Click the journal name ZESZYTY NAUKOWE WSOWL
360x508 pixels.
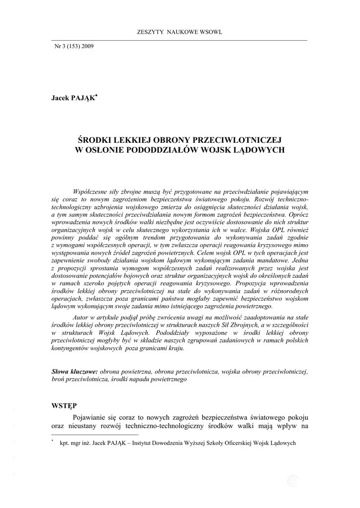[x=179, y=32]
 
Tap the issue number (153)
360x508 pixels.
[x=71, y=46]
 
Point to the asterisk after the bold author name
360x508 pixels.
[x=96, y=96]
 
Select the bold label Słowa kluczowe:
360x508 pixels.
[x=75, y=371]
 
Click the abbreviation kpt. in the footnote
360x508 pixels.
[x=65, y=443]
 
